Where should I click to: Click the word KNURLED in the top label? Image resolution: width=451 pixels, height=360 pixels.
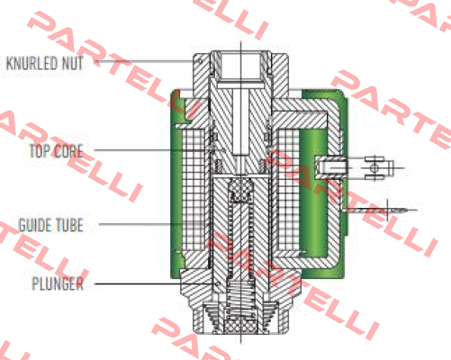click(x=32, y=63)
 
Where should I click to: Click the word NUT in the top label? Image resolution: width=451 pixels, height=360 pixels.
click(x=72, y=63)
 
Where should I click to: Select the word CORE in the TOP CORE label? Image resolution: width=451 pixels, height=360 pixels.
click(x=68, y=151)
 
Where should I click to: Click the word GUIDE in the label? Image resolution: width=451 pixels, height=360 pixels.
click(x=35, y=225)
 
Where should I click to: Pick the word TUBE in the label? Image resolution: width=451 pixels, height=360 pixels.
click(x=69, y=225)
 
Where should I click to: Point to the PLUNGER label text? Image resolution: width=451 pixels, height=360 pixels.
click(x=58, y=283)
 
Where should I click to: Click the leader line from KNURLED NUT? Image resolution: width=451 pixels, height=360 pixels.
click(x=143, y=61)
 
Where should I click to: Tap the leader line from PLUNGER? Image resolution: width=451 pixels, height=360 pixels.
click(x=156, y=283)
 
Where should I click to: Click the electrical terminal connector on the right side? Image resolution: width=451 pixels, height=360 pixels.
click(x=357, y=167)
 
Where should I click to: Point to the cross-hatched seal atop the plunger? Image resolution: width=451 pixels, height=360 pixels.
click(x=241, y=188)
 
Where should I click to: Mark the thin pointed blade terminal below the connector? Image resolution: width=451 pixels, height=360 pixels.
click(x=381, y=211)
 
